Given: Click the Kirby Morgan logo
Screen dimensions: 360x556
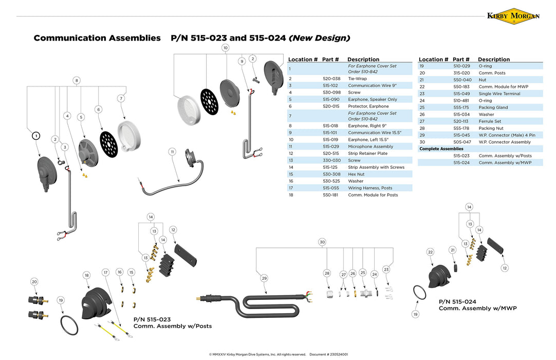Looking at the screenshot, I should pos(513,15).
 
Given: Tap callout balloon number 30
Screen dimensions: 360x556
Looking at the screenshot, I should pos(322,242).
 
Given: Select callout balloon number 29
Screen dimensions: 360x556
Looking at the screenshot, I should pos(264,278).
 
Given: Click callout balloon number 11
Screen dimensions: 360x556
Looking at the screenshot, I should pos(172,152).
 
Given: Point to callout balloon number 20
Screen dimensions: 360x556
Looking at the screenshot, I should pos(34,282).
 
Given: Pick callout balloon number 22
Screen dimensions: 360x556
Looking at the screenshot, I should pos(431,252).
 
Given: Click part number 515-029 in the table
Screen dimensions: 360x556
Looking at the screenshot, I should pos(331,147).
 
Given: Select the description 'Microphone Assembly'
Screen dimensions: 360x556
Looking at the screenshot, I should pos(370,147).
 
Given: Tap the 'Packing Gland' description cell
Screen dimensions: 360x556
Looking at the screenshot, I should pos(493,107).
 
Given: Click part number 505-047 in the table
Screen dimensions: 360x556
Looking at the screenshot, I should pos(462,142).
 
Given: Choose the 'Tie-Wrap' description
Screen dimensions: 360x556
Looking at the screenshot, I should pos(358,79).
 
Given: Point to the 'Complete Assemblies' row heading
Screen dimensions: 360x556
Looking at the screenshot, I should pos(441,149).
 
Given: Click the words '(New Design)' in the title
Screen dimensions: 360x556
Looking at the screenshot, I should pos(320,38).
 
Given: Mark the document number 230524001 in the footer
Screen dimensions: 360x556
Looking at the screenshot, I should pos(335,354).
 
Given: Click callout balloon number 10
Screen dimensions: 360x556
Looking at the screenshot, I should pos(225,48).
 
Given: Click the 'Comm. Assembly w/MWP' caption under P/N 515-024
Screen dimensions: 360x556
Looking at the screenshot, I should pos(477,308).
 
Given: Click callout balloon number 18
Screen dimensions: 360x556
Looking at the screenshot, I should pos(86,275).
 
